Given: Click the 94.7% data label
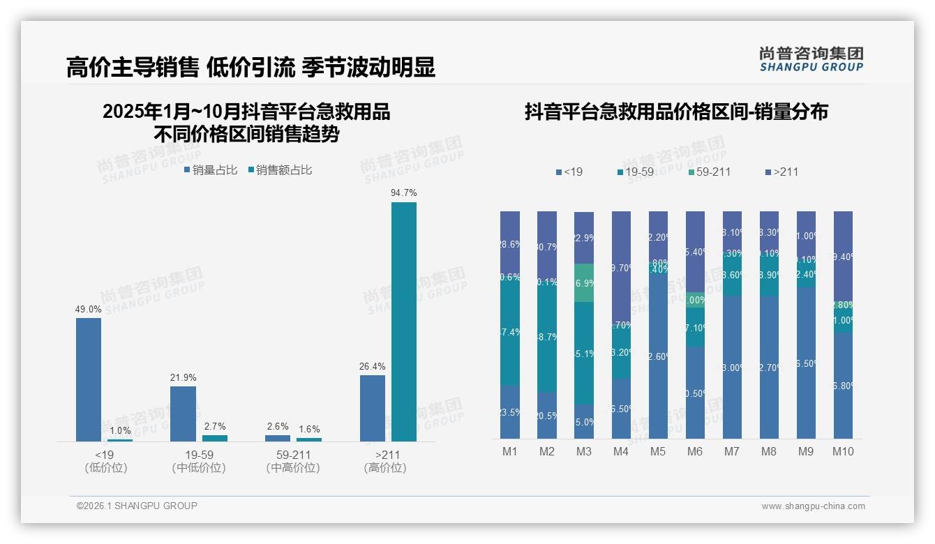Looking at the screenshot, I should [404, 192].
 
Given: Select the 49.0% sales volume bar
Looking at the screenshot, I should [89, 379].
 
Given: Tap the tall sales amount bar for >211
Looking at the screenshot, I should [403, 322].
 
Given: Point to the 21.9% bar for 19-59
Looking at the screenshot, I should [183, 414].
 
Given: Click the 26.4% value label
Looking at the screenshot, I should [373, 366].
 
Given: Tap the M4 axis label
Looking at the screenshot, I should [621, 451].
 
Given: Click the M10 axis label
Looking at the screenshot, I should [843, 451].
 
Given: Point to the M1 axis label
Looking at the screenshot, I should [510, 451].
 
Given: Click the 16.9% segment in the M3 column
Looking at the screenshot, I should [584, 283].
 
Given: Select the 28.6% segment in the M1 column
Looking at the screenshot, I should [510, 244].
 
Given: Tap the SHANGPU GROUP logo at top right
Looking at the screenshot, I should [811, 59].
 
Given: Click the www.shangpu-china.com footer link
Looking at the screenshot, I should [813, 506].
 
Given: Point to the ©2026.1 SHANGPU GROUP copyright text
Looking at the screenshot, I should [137, 506].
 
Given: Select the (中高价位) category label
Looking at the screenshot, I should [293, 468].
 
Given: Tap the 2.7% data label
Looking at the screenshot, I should [215, 426].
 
